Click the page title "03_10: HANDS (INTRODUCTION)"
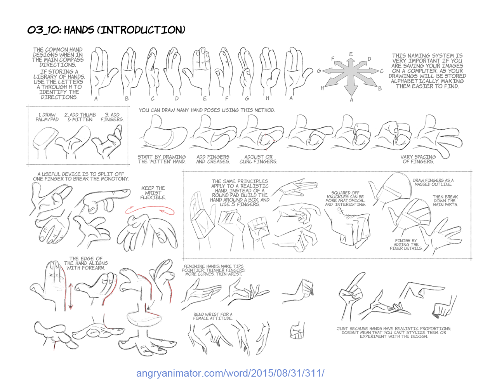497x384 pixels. point(106,30)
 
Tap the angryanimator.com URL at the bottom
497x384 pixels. point(230,373)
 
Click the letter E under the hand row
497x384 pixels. point(205,99)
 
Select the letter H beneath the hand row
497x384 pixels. point(268,98)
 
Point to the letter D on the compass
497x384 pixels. point(369,59)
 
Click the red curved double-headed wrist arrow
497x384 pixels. point(150,210)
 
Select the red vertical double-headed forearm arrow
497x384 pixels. point(71,296)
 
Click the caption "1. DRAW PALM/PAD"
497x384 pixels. point(47,117)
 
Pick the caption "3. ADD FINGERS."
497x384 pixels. point(112,117)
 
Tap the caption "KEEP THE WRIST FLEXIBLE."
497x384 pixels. point(153,193)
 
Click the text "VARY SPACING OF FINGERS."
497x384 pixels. point(418,159)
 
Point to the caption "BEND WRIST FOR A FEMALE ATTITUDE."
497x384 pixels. point(213,316)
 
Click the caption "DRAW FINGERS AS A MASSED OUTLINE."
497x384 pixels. point(433,182)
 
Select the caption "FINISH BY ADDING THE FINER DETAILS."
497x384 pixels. point(406,245)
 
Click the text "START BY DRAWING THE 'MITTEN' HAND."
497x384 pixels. point(162,159)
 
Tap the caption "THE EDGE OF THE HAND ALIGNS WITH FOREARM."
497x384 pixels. point(86,263)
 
